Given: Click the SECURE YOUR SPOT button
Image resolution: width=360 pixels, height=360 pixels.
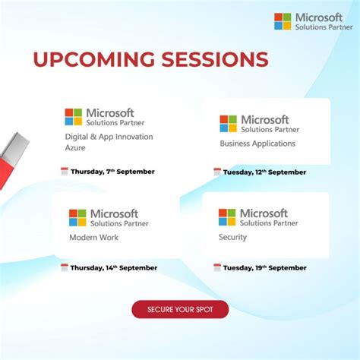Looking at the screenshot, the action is point(180,309).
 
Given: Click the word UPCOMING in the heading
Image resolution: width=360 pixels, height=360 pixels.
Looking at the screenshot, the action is point(94,59).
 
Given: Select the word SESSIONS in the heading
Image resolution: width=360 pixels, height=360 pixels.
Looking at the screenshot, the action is point(215,59).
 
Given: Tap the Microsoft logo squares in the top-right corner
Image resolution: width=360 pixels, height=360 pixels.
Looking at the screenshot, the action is point(283,21).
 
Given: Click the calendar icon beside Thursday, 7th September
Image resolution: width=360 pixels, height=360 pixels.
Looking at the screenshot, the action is point(65,172).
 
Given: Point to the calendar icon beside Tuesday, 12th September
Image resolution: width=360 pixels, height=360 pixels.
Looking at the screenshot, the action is point(217,172).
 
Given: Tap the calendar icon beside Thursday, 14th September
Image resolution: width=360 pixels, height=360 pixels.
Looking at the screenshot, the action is point(65,267).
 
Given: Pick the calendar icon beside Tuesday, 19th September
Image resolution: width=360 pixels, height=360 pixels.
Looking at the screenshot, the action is point(217,267).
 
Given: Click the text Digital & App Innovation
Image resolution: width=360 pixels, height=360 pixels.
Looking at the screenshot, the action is point(109,137).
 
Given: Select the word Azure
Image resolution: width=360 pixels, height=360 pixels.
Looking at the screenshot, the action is point(75,147).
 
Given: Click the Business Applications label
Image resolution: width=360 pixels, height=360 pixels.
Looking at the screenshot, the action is point(257,144).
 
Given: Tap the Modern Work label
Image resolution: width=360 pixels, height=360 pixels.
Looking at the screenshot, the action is point(94,238).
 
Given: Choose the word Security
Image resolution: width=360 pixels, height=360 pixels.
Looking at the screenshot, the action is point(232,237).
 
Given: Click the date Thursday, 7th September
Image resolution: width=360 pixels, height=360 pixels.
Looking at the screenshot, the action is point(112,172).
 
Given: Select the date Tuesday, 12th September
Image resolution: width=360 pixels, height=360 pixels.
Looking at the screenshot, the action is point(264,172).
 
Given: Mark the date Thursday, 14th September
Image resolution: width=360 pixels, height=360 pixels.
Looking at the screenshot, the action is point(114,267).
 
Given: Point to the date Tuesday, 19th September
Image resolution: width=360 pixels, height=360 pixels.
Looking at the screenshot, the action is point(265,267).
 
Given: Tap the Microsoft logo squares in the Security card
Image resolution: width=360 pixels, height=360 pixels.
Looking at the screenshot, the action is point(227,217).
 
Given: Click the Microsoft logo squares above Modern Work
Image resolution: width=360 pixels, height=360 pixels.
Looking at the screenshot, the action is point(77,218).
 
